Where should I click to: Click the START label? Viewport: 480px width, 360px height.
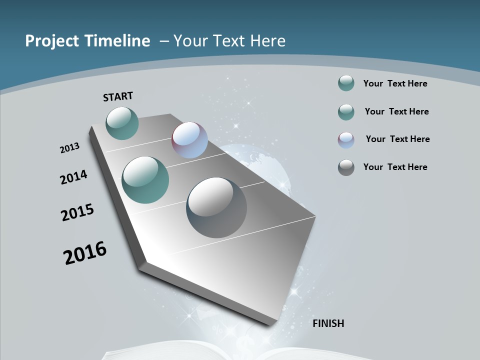pos(118,96)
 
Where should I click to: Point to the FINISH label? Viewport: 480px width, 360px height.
pos(328,323)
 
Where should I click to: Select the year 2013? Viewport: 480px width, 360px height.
pos(70,148)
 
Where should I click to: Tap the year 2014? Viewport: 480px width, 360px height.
pos(74,177)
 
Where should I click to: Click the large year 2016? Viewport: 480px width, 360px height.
pos(85,253)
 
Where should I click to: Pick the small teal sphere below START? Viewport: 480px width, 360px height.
pos(122,123)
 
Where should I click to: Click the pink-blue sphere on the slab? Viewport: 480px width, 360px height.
pos(189,140)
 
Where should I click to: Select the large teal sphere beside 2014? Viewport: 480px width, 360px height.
pos(145,180)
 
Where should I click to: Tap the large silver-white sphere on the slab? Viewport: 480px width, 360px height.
pos(216,207)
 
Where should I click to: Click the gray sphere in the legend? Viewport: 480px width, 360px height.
pos(346,167)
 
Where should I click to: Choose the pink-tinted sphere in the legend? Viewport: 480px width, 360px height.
pos(346,140)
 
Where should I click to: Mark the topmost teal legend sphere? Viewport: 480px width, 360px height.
pos(346,83)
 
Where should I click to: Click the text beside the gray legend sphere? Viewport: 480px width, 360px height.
pos(395,167)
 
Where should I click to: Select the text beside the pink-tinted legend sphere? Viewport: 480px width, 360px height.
pos(397,139)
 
